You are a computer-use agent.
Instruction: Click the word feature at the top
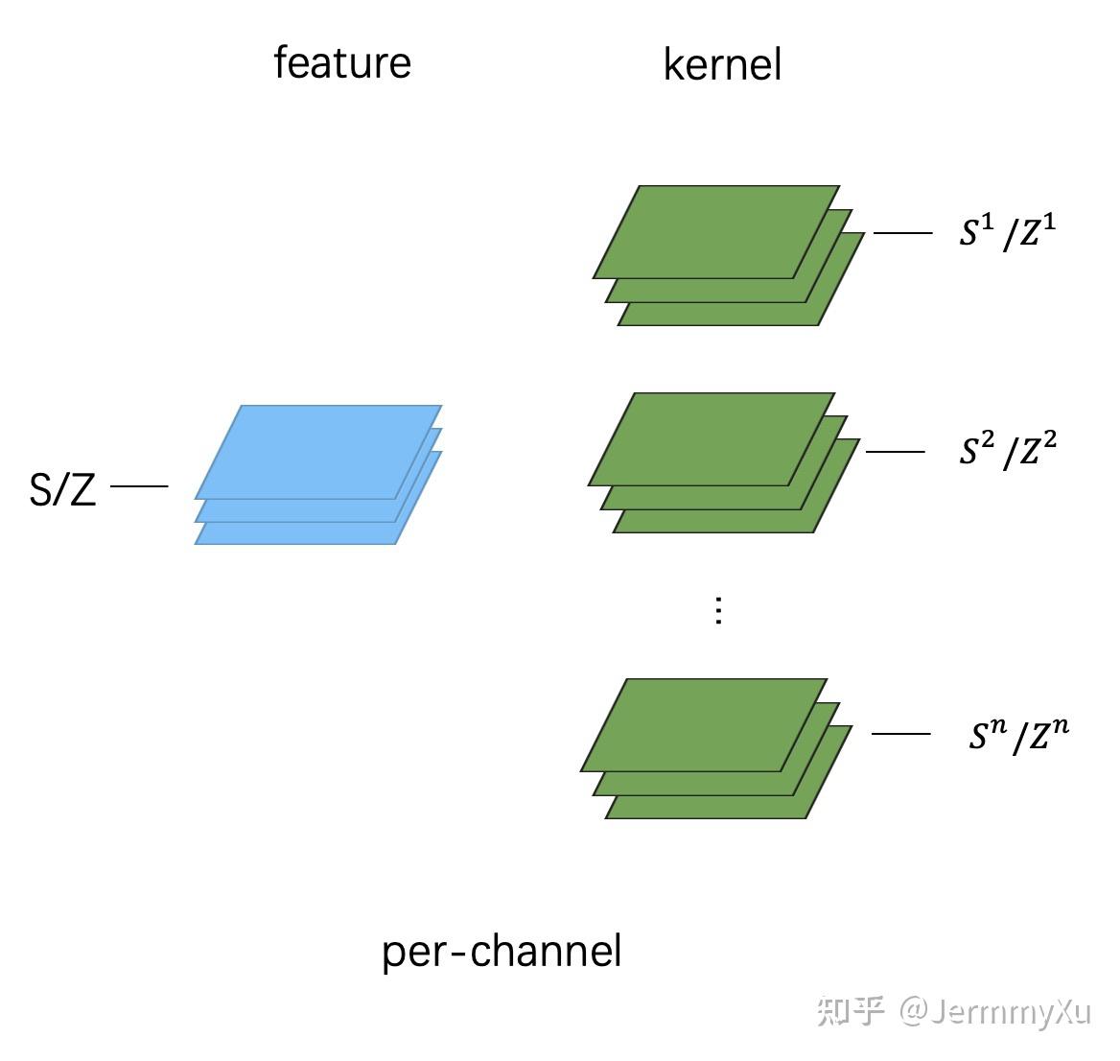pos(342,63)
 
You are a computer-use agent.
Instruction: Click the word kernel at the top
pos(722,65)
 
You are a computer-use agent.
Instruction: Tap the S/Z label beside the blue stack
pos(63,490)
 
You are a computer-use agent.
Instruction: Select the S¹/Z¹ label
pos(1007,232)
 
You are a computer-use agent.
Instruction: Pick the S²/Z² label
pos(1007,450)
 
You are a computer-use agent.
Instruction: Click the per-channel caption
pos(502,952)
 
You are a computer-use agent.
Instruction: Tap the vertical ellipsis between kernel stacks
pos(718,610)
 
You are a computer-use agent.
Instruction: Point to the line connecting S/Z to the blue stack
pos(139,486)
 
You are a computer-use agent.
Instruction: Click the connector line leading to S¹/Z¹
pos(902,232)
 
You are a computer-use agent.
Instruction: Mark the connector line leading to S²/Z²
pos(895,451)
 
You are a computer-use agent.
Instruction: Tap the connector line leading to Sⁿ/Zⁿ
pos(900,734)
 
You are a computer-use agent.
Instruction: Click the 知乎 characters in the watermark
pos(850,1011)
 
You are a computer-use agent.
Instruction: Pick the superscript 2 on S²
pos(989,440)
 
